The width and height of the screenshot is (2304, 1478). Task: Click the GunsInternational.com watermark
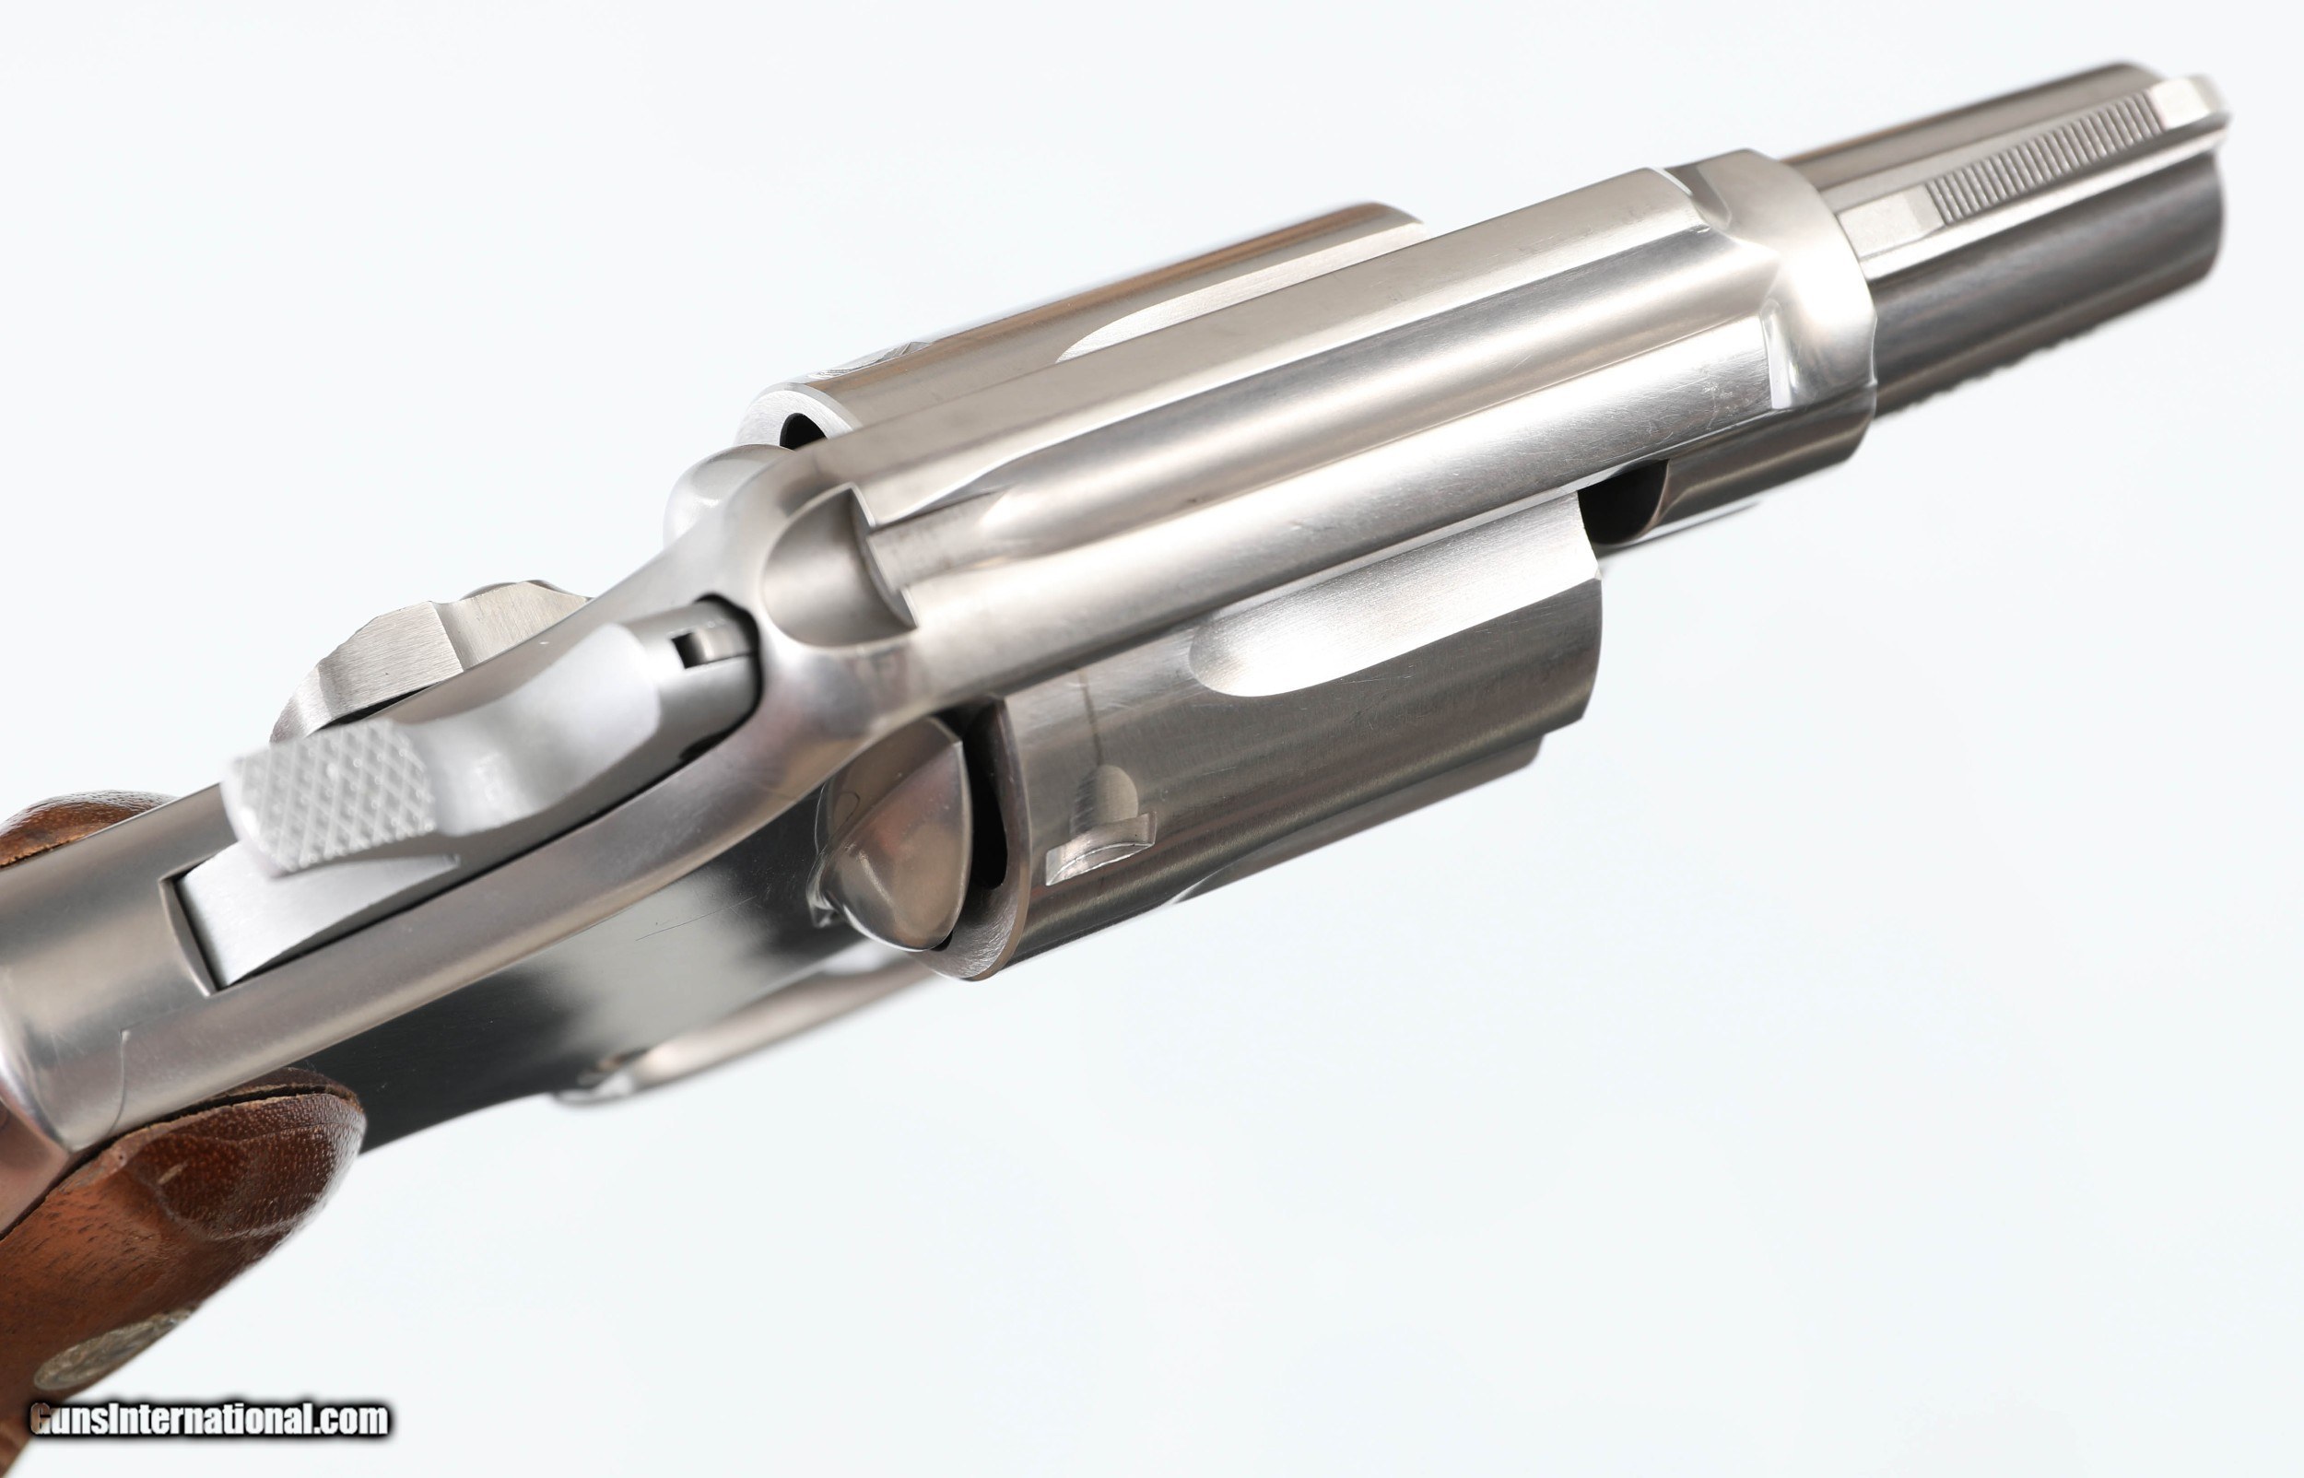pos(209,1419)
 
